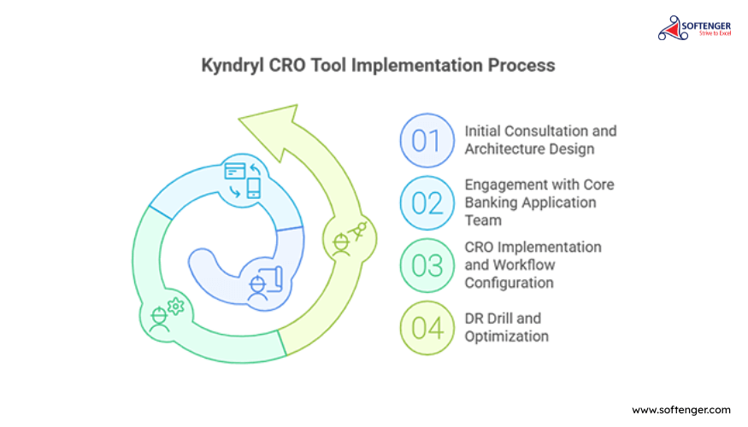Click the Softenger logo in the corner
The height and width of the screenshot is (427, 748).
coord(694,28)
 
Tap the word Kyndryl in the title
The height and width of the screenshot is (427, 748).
coord(233,65)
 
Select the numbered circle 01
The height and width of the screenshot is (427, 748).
coord(427,141)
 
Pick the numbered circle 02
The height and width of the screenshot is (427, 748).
coord(427,203)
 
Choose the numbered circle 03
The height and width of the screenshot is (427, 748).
coord(427,266)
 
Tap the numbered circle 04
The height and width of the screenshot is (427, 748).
coord(427,328)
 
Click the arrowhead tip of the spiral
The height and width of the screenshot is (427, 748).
coord(239,118)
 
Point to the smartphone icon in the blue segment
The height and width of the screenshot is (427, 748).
coord(254,188)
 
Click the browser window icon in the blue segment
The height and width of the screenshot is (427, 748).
coord(235,171)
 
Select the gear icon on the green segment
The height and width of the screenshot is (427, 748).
coord(175,307)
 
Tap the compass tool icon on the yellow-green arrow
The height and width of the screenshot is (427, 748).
coord(359,231)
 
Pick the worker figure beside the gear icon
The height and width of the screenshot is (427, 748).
coord(159,319)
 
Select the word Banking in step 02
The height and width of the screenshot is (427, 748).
coord(491,203)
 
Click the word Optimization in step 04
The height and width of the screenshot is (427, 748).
coord(507,336)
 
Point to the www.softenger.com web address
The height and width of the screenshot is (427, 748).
coord(681,410)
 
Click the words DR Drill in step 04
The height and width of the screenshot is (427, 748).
coord(487,319)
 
